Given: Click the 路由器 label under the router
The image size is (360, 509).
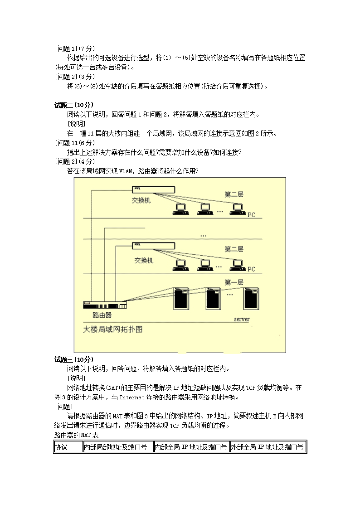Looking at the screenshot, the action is (x=102, y=315).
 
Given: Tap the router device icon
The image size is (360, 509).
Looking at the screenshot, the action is (x=105, y=305).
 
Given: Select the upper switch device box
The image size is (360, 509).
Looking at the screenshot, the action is (x=154, y=189).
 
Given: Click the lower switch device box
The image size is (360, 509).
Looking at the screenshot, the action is (x=154, y=246).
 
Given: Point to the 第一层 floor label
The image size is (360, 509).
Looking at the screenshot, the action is (x=234, y=282).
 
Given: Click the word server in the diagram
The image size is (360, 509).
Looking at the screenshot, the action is (x=242, y=320).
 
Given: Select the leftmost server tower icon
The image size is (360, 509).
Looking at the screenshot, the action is (x=181, y=298).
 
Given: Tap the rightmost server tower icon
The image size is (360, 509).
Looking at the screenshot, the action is (x=251, y=298).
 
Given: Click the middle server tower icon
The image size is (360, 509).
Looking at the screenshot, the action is (x=213, y=298).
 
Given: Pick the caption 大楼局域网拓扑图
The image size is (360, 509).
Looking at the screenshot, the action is (x=112, y=329).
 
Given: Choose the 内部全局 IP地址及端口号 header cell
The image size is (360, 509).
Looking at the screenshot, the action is (x=191, y=447).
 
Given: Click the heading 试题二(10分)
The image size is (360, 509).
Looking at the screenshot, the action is (x=74, y=105).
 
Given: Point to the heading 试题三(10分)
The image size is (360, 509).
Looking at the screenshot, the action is (x=74, y=359).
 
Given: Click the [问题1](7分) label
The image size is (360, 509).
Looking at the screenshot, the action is (x=75, y=48).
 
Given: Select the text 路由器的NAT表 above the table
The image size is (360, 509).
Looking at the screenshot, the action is (x=76, y=435).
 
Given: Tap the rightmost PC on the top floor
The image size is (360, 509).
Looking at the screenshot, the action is (x=237, y=209).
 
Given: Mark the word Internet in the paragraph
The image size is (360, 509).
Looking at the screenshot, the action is (x=132, y=398).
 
